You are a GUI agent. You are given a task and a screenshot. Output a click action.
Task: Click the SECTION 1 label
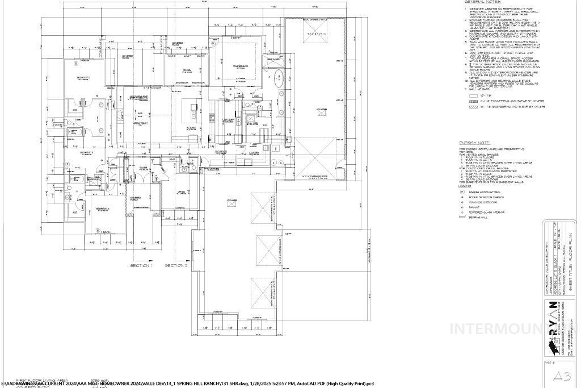point(141,265)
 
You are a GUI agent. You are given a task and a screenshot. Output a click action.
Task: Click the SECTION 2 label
point(176,265)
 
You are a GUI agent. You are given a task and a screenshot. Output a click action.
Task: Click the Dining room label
point(186,70)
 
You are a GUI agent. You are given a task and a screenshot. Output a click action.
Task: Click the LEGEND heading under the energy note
point(465,186)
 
